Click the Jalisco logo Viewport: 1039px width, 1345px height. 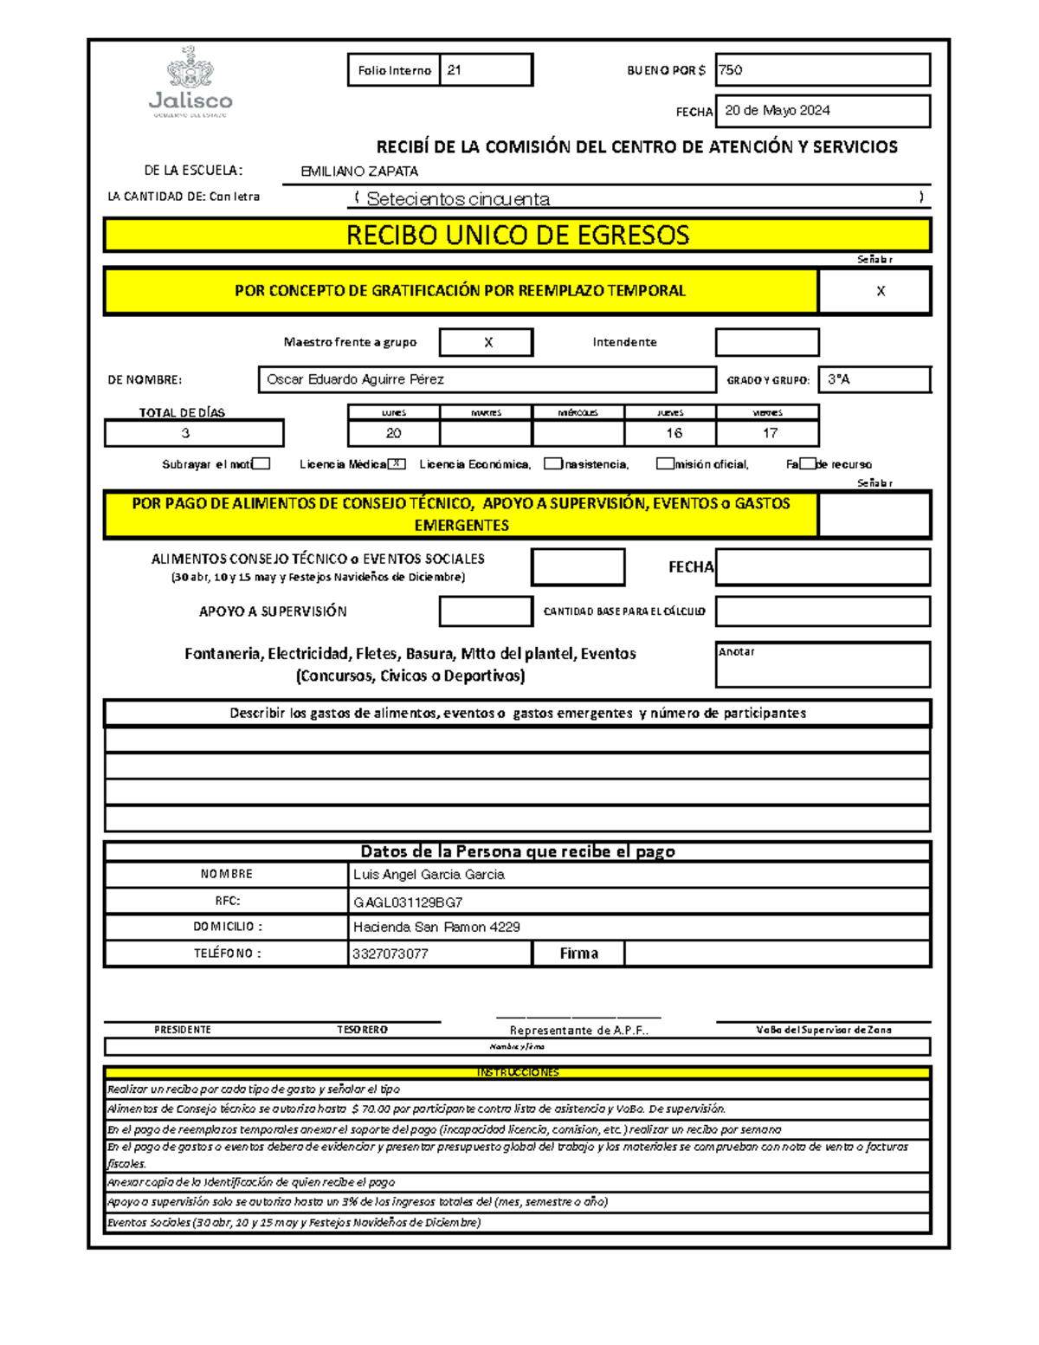(190, 82)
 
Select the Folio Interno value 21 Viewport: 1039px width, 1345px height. (455, 70)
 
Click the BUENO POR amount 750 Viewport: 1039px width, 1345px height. (731, 70)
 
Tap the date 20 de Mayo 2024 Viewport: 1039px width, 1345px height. (777, 111)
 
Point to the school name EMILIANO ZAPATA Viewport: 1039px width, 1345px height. (359, 171)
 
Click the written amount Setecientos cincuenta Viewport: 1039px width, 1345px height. (458, 199)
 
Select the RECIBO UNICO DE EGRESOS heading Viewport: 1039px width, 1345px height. (517, 236)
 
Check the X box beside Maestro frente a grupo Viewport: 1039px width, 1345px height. (487, 342)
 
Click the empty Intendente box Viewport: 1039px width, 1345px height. (766, 342)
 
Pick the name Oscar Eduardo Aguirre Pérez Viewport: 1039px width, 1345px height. (355, 379)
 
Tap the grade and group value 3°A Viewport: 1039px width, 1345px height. (838, 379)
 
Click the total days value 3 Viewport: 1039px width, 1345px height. (185, 433)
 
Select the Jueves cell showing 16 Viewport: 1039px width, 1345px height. (673, 433)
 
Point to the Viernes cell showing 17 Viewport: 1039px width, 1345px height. (769, 433)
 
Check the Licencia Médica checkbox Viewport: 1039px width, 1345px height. (397, 464)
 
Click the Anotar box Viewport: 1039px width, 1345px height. (823, 664)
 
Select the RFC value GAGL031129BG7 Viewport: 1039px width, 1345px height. (407, 902)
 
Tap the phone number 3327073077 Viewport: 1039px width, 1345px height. (390, 954)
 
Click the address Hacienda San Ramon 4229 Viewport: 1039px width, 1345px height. (436, 927)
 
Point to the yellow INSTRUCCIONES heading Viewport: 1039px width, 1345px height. (517, 1072)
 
